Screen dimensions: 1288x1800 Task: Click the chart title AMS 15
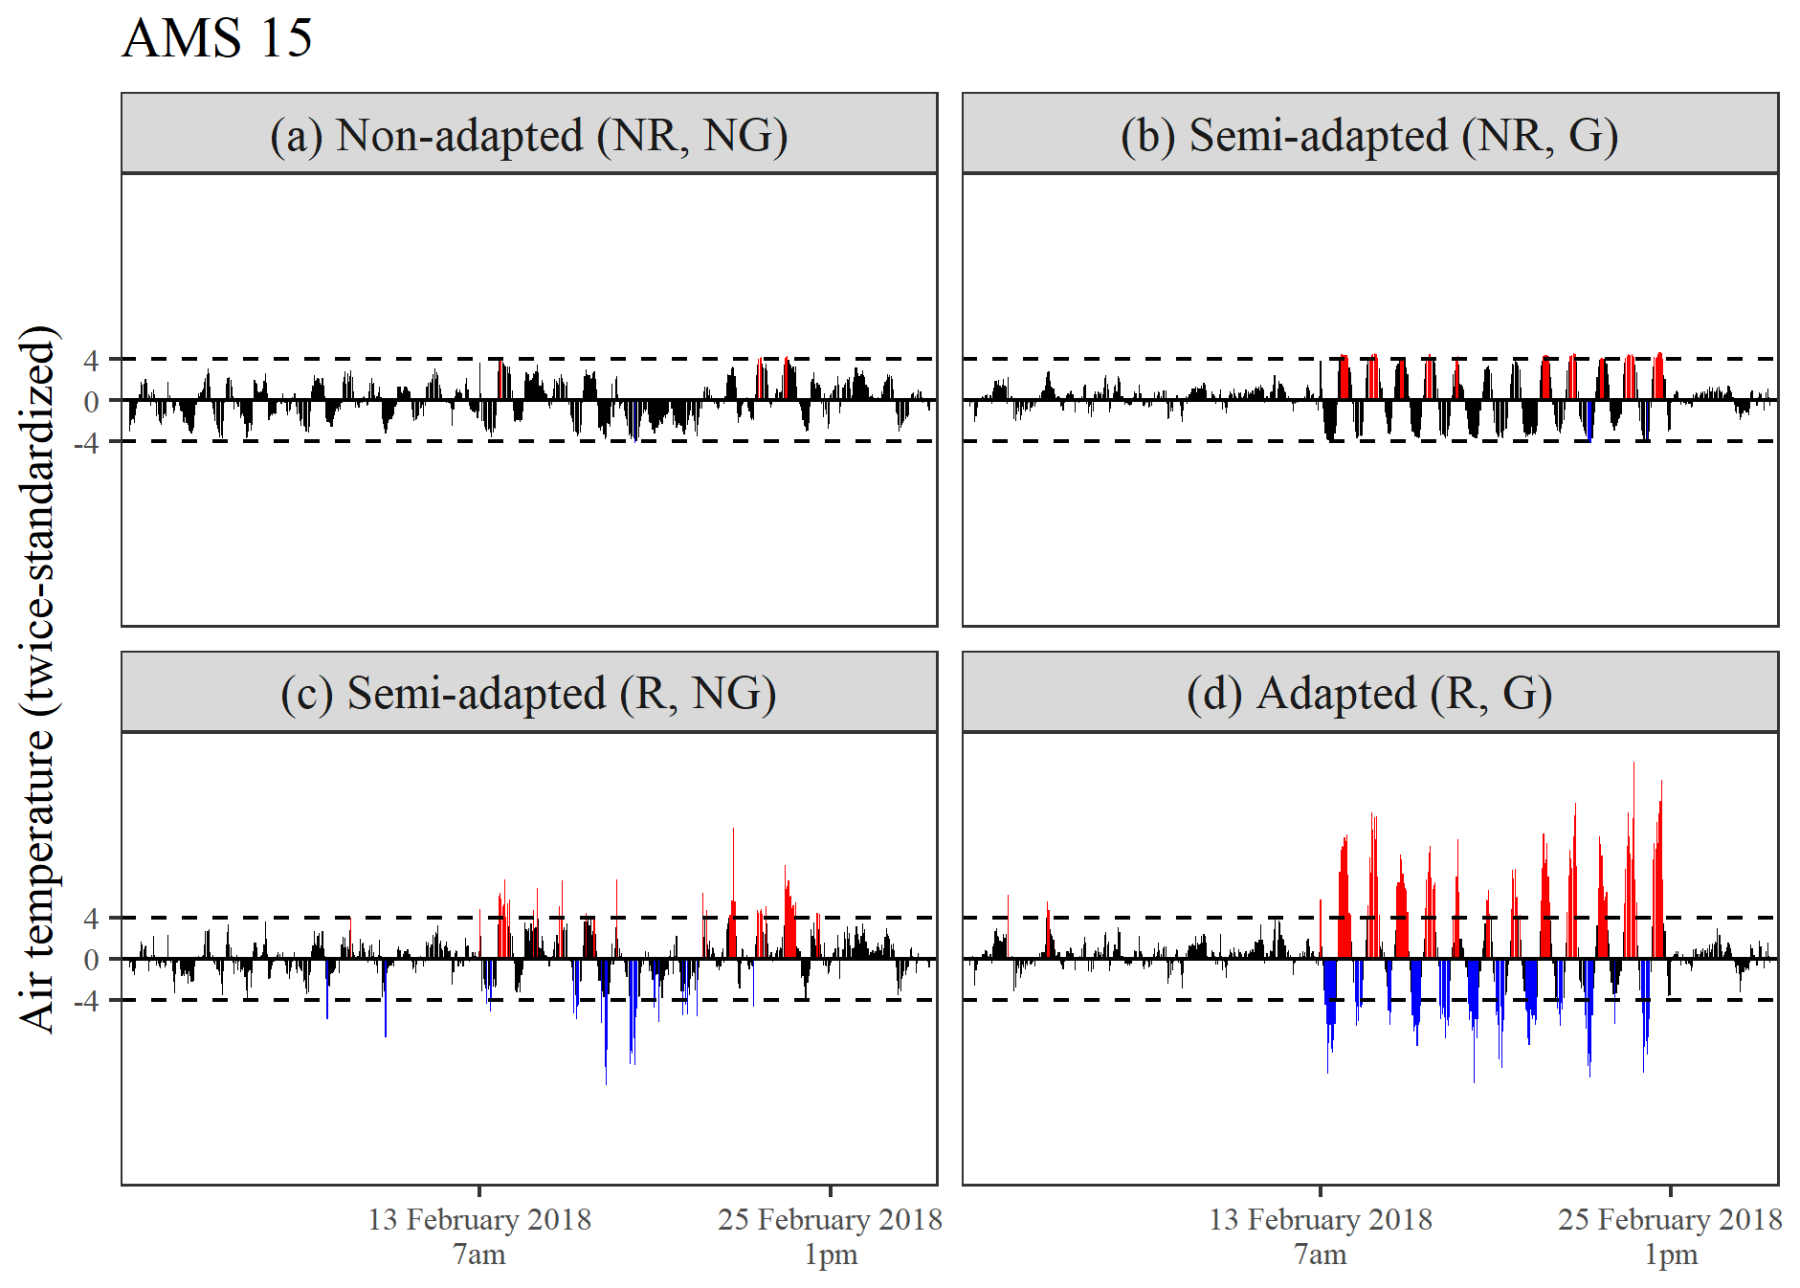(217, 38)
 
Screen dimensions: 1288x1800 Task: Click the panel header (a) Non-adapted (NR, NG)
(528, 135)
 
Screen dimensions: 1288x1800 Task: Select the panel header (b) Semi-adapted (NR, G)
(1369, 135)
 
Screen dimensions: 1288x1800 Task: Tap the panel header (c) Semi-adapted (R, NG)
(528, 693)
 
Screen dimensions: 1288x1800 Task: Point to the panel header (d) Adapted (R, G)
(1369, 693)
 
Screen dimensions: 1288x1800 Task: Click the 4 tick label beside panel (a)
(91, 361)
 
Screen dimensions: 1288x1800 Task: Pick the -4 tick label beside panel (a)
(86, 443)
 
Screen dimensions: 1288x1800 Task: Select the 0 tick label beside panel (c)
(91, 960)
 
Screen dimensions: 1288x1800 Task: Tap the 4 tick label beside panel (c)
(91, 919)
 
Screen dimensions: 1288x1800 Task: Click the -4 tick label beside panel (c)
(86, 1001)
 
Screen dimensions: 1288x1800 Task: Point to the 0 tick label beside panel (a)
(91, 402)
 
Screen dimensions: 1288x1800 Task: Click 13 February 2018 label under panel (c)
(479, 1220)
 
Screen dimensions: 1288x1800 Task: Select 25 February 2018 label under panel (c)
(830, 1220)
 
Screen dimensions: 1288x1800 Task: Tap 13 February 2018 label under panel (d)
(1321, 1220)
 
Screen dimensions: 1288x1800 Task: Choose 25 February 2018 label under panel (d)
(1670, 1220)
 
